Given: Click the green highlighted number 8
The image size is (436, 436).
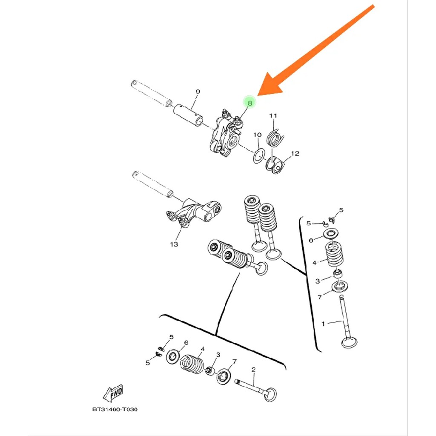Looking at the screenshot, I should coord(250,103).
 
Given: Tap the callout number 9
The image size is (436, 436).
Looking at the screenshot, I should coord(198,92).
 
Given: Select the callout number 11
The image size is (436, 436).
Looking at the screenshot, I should coord(273,116).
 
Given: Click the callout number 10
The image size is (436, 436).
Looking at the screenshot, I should coord(257,135).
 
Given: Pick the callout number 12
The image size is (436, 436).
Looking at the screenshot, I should coord(295,153).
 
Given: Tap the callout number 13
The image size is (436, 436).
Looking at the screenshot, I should coord(174,244).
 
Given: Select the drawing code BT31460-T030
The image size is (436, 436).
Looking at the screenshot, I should coord(115,410).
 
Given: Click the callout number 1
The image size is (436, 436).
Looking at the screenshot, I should coord(323,324).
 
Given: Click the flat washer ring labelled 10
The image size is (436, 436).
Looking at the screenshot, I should coord(258,156).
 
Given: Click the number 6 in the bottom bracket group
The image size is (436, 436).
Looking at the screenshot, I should coord(186,343).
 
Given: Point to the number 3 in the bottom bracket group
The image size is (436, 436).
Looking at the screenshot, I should coord(218,355).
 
